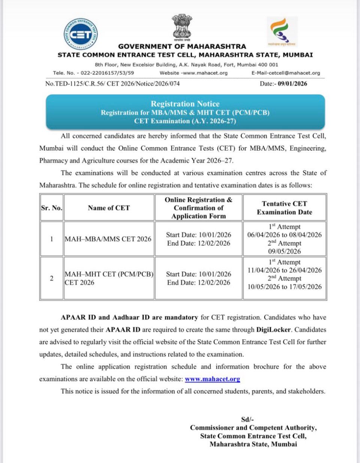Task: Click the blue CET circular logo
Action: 81,35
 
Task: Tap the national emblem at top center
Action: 182,28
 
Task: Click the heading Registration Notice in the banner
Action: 185,104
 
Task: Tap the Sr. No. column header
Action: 52,208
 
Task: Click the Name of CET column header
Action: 109,208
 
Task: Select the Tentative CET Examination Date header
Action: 284,208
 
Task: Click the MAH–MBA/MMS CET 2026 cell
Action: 108,239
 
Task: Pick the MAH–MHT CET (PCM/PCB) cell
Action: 109,278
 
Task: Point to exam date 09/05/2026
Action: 284,251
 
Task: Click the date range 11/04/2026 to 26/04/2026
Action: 284,270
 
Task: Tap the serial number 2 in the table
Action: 52,278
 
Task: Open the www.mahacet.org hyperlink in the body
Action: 212,379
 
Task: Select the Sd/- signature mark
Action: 247,420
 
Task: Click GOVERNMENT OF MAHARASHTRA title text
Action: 182,46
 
